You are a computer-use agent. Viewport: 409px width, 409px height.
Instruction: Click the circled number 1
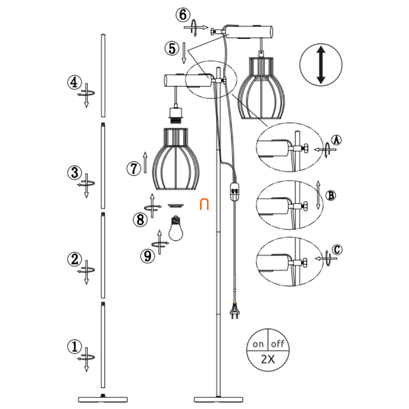[75, 346]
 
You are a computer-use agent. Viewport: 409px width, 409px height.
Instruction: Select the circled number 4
[75, 83]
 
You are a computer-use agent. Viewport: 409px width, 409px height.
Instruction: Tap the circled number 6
[183, 15]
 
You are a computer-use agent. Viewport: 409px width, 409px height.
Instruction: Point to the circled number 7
[134, 168]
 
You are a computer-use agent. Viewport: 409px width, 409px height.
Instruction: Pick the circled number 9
[148, 256]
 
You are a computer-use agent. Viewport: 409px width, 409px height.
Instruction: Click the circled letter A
[337, 140]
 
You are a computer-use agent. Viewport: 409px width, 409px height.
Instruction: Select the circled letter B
[331, 195]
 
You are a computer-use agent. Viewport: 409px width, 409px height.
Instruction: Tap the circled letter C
[337, 249]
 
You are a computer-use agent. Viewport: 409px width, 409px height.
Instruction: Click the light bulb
[176, 228]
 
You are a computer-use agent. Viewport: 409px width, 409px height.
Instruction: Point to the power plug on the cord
[235, 311]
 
